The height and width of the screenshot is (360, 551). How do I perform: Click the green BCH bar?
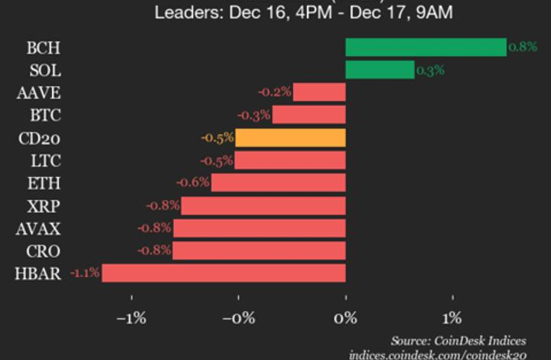[425, 47]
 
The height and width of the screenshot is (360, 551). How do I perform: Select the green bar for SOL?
[380, 70]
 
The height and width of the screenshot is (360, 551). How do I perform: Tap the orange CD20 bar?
[290, 138]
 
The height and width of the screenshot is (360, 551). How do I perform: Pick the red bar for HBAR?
[223, 273]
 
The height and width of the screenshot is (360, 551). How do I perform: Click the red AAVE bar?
[319, 93]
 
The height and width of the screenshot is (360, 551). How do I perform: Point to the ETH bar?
[278, 183]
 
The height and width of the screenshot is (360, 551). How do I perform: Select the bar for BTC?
[308, 116]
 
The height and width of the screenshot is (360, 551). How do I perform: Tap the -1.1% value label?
[84, 273]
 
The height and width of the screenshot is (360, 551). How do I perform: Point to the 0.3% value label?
[430, 70]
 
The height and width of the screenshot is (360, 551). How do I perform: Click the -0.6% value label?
[193, 183]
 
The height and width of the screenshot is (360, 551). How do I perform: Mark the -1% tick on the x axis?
[131, 319]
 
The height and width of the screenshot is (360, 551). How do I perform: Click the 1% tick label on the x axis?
[452, 319]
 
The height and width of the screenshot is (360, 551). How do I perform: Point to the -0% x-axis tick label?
[238, 319]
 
